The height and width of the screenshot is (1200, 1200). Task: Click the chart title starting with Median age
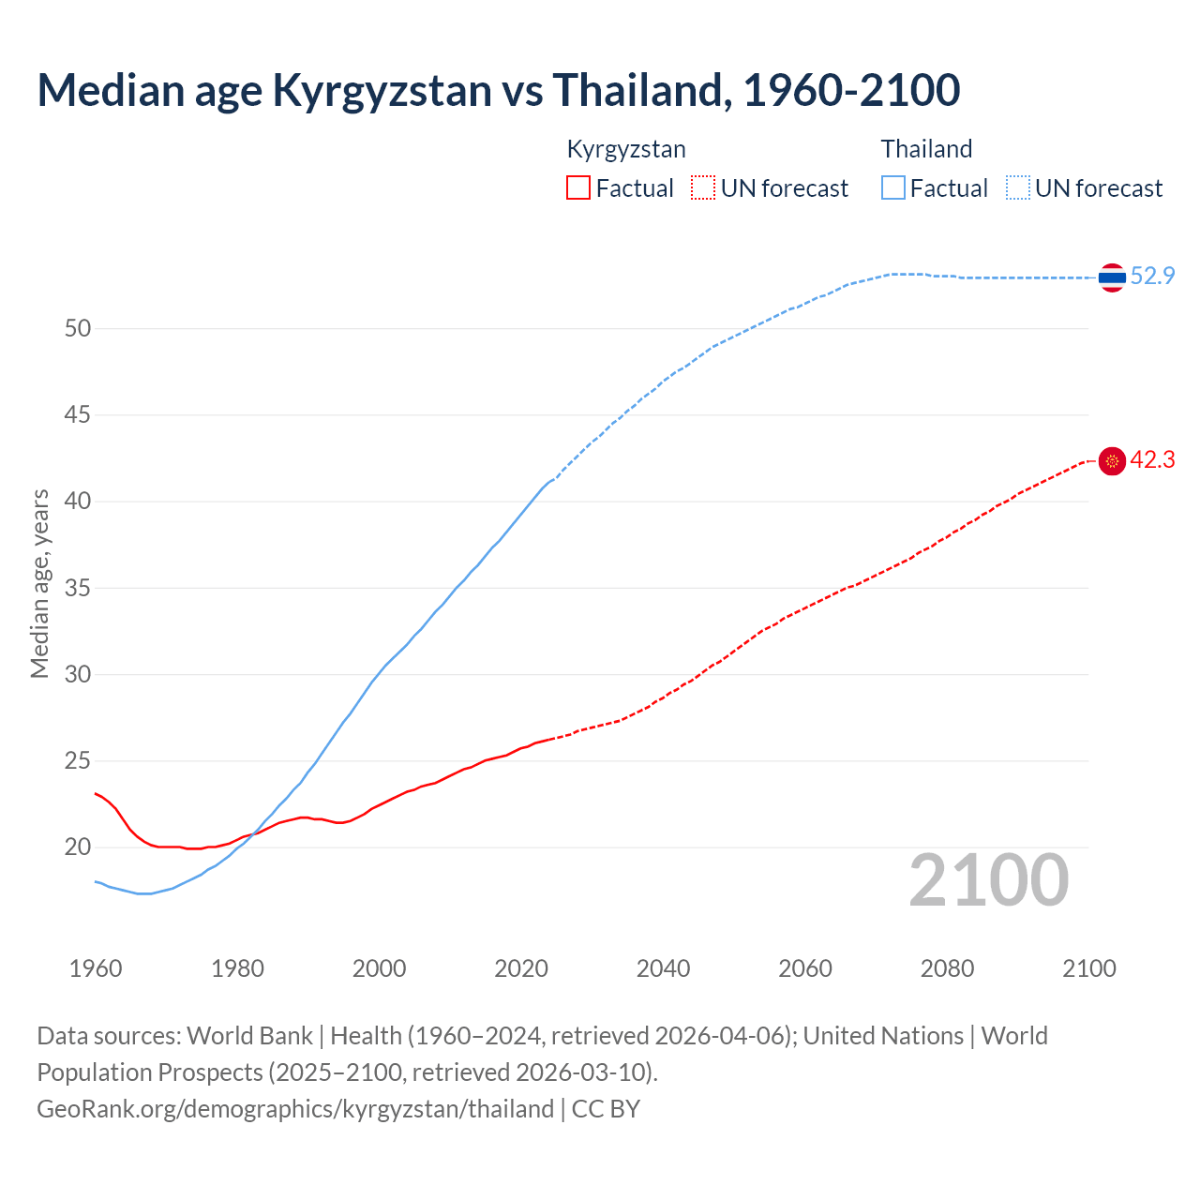point(498,91)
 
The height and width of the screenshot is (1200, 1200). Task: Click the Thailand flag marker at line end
point(1112,277)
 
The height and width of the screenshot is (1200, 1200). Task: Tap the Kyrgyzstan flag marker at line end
point(1112,461)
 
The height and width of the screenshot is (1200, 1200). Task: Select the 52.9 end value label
point(1152,277)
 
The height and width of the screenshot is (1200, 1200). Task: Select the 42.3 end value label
point(1152,460)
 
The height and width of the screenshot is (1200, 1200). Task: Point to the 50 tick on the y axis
point(78,328)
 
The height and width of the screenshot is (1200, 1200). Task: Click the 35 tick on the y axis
point(78,589)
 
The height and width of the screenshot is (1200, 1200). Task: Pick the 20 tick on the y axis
point(78,847)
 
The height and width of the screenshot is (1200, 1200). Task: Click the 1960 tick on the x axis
point(96,968)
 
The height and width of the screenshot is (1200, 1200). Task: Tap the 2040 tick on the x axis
point(663,968)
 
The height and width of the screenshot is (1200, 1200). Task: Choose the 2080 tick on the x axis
point(947,968)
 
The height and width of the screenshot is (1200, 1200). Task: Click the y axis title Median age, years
point(40,583)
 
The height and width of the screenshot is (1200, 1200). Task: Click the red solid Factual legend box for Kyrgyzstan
point(578,188)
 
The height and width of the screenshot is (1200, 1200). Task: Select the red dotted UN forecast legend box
point(703,188)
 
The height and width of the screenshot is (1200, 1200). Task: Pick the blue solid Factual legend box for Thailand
point(893,188)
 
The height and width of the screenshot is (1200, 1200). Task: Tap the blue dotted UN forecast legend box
point(1017,188)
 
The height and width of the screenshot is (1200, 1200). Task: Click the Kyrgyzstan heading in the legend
point(626,149)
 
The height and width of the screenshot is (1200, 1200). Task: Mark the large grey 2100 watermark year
point(988,880)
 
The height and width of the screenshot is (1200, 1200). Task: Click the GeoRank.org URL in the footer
point(295,1109)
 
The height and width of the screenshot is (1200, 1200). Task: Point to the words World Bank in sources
point(249,1036)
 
